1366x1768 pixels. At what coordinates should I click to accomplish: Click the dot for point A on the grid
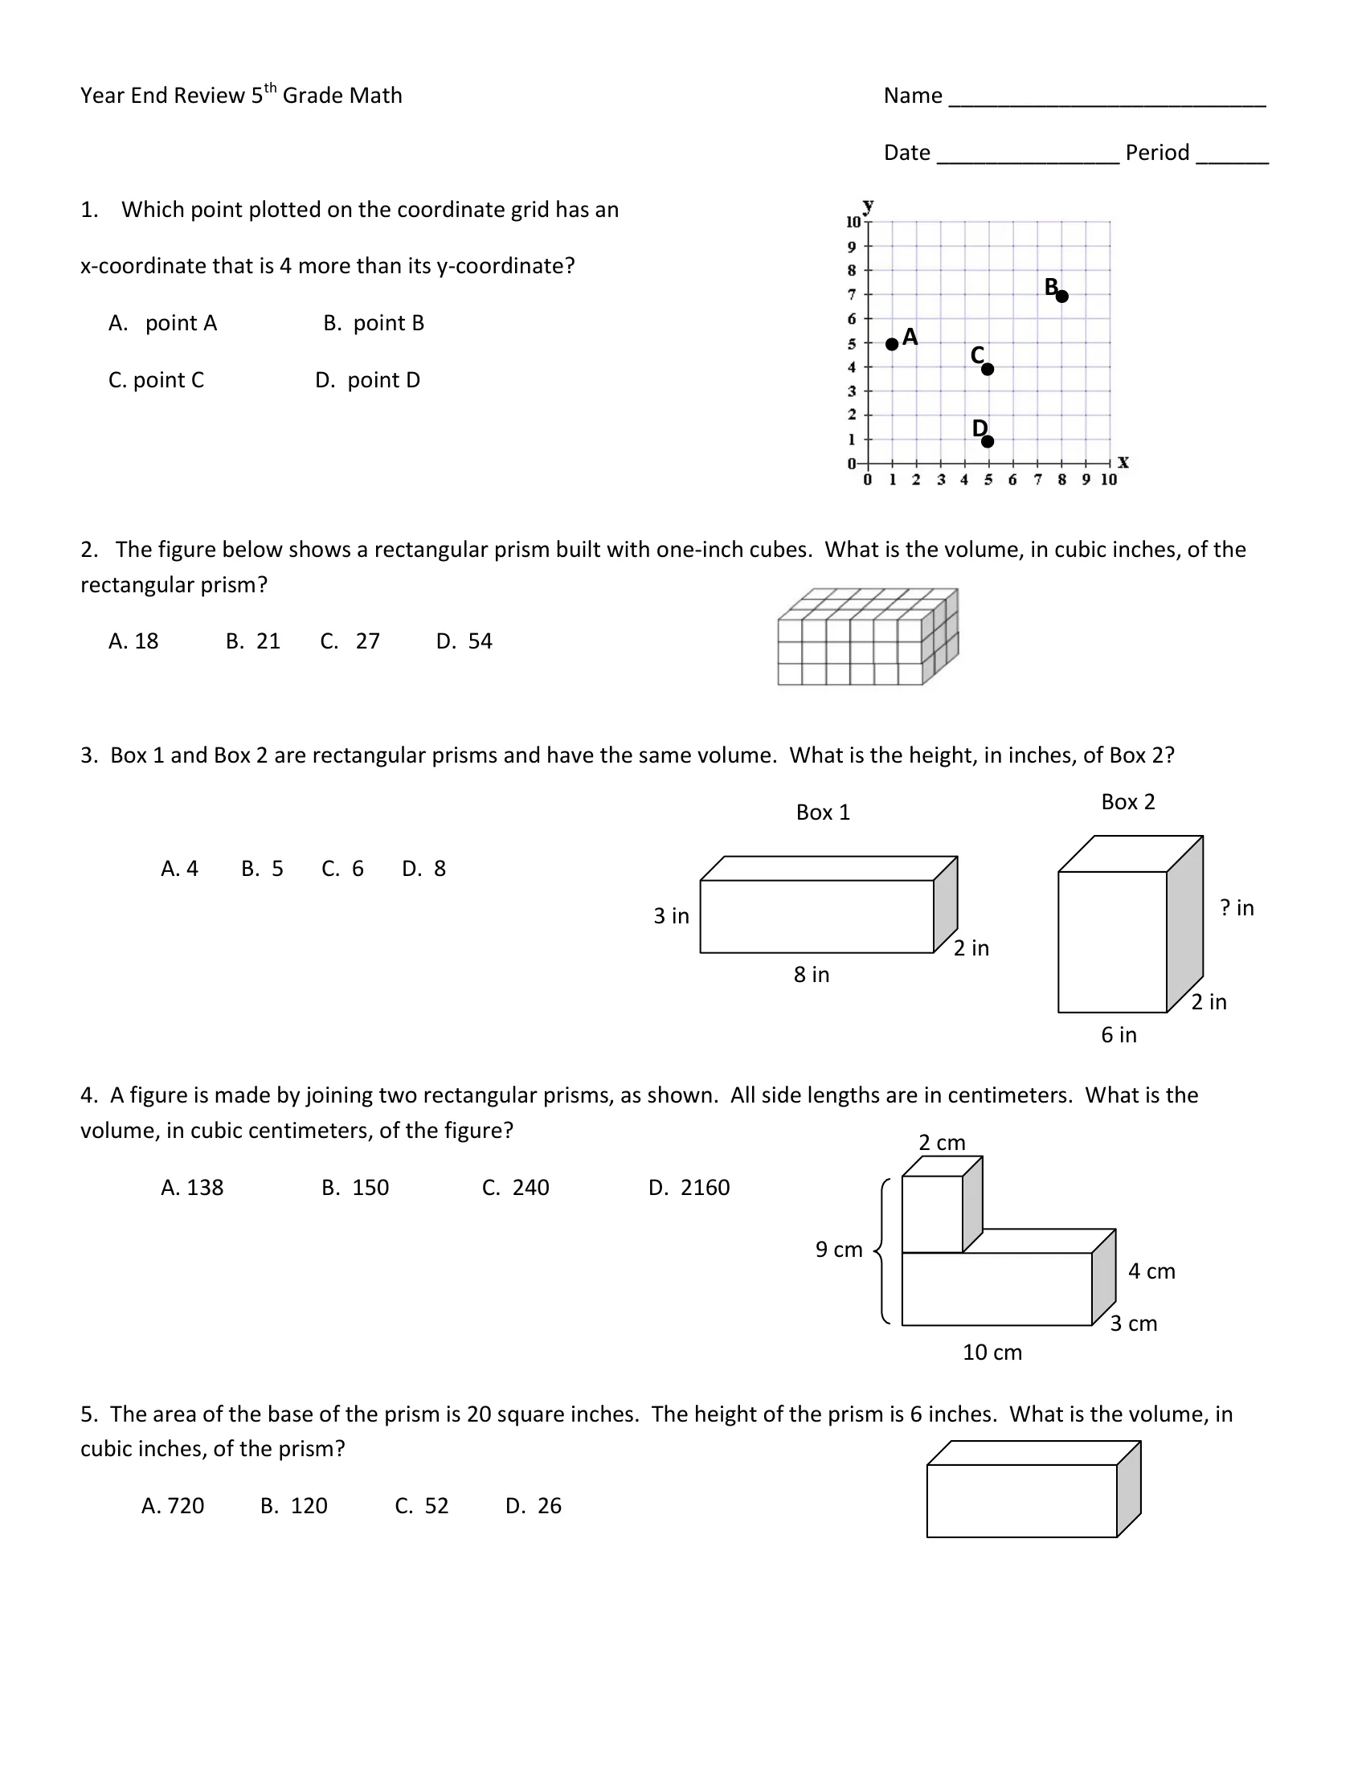pyautogui.click(x=892, y=344)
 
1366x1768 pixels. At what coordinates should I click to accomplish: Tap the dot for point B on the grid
pyautogui.click(x=1061, y=297)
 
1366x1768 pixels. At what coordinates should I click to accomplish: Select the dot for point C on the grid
pyautogui.click(x=988, y=369)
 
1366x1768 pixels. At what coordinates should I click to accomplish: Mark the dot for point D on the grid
pyautogui.click(x=988, y=441)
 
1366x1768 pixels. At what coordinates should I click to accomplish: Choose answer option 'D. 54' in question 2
pyautogui.click(x=464, y=641)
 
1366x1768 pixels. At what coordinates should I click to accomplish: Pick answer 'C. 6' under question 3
pyautogui.click(x=342, y=869)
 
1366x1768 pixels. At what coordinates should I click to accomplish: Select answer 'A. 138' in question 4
pyautogui.click(x=192, y=1188)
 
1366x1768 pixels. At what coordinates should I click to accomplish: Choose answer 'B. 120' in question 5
pyautogui.click(x=294, y=1506)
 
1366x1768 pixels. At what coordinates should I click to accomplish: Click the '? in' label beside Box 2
pyautogui.click(x=1237, y=907)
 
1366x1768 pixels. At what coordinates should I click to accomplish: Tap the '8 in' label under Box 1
pyautogui.click(x=812, y=975)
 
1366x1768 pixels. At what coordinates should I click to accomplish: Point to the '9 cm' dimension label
pyautogui.click(x=839, y=1250)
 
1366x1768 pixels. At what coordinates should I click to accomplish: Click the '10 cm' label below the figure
pyautogui.click(x=992, y=1353)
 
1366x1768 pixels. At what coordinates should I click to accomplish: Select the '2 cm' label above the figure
pyautogui.click(x=942, y=1142)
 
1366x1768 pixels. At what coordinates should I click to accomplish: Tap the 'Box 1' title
pyautogui.click(x=823, y=812)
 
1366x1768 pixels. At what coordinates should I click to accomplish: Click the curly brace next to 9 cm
pyautogui.click(x=882, y=1251)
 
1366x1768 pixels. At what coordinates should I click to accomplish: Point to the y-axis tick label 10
pyautogui.click(x=853, y=222)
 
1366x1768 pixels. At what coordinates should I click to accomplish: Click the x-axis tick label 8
pyautogui.click(x=1061, y=479)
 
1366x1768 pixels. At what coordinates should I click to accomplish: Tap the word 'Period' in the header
pyautogui.click(x=1157, y=152)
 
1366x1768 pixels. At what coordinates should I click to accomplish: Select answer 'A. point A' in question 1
pyautogui.click(x=162, y=323)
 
